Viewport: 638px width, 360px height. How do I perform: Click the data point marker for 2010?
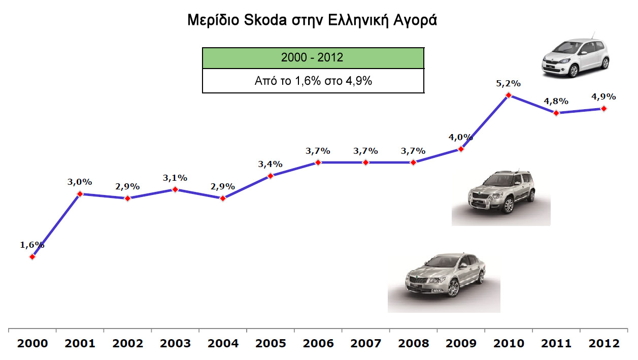coord(509,95)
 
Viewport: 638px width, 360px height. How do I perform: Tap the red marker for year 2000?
coord(32,257)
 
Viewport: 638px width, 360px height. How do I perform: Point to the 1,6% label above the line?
coord(32,245)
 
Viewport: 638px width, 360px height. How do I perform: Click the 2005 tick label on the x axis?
coord(271,343)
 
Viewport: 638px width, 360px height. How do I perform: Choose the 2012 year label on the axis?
coord(604,343)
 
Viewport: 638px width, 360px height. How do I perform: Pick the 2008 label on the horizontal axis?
coord(414,343)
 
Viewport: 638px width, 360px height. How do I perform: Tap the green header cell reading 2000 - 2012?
coord(313,58)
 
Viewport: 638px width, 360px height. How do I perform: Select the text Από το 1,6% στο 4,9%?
coord(313,81)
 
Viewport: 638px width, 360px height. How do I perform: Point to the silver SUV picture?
coord(501,195)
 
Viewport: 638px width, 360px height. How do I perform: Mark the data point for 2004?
coord(223,198)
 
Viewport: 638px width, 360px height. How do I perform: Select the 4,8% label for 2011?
coord(556,101)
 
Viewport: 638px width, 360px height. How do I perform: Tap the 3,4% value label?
coord(271,164)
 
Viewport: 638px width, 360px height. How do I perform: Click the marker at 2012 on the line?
coord(604,108)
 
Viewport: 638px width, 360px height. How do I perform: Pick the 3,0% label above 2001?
coord(80,182)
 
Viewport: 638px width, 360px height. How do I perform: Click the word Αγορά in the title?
coord(419,21)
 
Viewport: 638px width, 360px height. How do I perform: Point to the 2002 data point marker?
coord(127,198)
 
